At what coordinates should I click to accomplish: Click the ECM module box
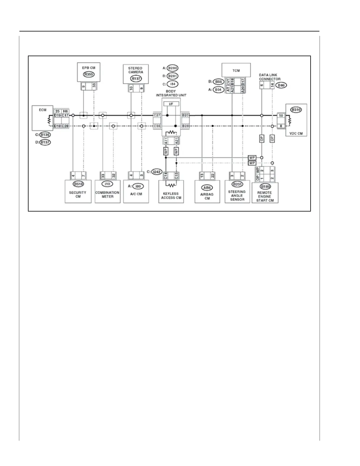coord(43,118)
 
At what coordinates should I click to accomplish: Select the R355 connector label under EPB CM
coord(89,74)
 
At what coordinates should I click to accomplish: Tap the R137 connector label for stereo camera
coord(136,79)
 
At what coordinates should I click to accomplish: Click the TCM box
coord(236,70)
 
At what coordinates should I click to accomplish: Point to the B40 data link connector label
coord(281,85)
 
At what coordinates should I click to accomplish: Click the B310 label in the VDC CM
coord(296,109)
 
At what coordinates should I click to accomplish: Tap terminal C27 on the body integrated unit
coord(157,115)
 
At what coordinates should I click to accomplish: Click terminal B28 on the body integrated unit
coord(185,126)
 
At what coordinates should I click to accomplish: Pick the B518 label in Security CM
coord(78,184)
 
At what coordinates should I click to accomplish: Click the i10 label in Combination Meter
coord(107,184)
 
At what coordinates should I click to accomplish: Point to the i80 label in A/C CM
coord(138,186)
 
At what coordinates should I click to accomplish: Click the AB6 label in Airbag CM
coord(207,188)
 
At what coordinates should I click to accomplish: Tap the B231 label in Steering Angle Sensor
coord(237,184)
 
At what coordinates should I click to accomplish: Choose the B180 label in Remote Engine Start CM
coord(265,187)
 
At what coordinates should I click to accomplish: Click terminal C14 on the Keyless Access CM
coord(166,176)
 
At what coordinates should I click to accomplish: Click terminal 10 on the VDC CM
coord(281,116)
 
